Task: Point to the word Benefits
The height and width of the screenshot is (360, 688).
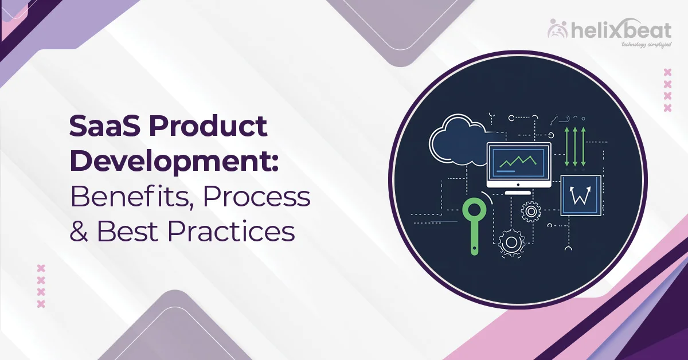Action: coord(130,197)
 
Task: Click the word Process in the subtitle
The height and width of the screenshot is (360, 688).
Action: coord(257,197)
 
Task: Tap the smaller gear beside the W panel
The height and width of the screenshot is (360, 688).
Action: coord(531,212)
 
